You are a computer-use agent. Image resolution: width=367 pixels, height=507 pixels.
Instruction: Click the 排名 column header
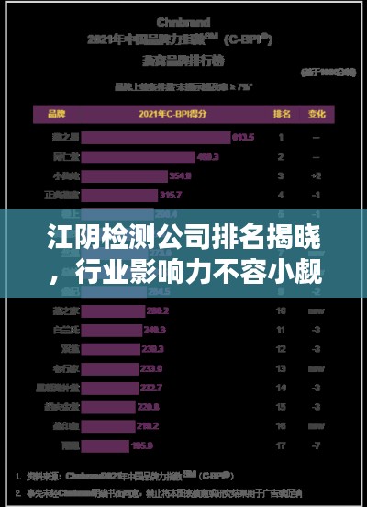(282, 115)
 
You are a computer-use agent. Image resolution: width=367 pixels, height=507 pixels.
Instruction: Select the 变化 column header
(317, 115)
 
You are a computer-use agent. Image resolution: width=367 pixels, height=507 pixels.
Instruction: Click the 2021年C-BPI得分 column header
(174, 115)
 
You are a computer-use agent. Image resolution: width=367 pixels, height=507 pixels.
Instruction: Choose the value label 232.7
(152, 388)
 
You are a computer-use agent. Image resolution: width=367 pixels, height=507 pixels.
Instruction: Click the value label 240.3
(154, 330)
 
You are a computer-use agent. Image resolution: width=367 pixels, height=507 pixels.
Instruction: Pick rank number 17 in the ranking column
(281, 445)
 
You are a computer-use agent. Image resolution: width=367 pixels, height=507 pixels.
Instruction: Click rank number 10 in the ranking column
(281, 310)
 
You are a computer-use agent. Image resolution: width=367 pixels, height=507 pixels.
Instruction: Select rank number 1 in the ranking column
(281, 137)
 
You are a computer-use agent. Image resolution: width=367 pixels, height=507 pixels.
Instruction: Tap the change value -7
(317, 445)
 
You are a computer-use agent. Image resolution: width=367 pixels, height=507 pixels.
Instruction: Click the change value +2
(317, 175)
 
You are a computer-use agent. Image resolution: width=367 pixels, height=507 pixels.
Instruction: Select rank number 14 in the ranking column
(281, 388)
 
